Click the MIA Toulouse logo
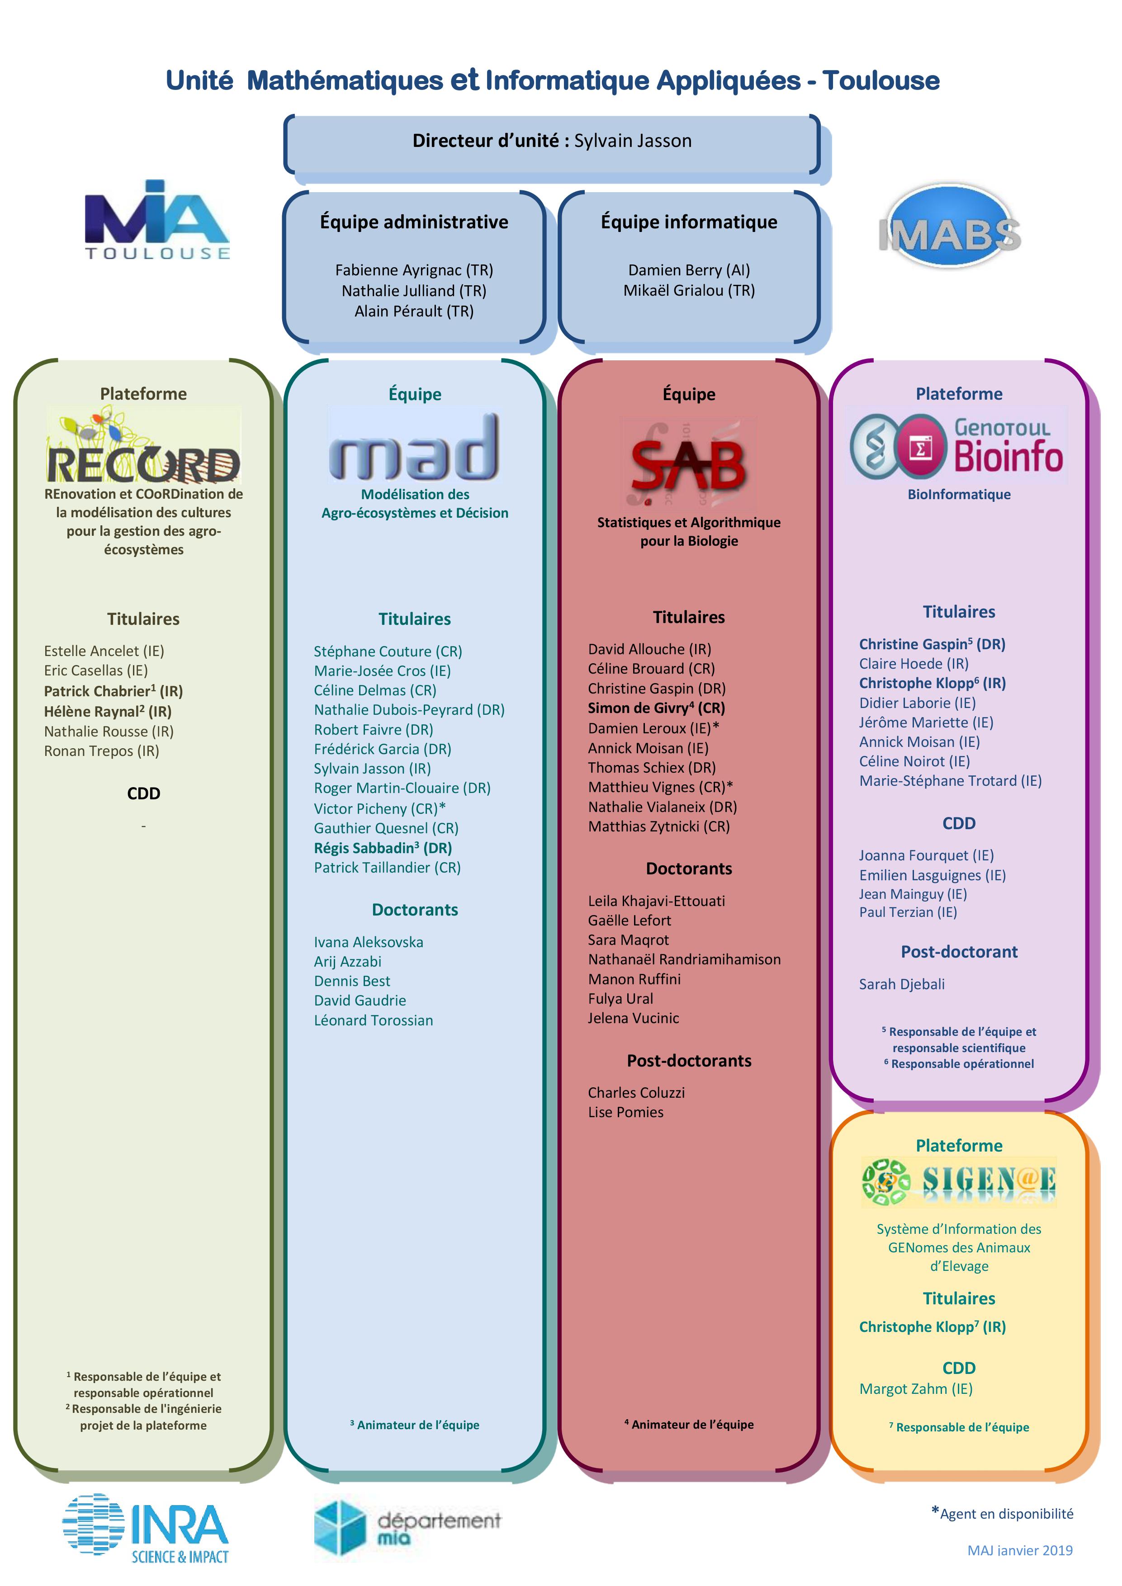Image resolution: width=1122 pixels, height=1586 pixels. pyautogui.click(x=157, y=220)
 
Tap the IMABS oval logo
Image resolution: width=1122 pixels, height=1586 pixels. pyautogui.click(x=950, y=226)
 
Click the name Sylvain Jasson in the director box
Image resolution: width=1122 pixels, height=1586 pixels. pyautogui.click(x=633, y=141)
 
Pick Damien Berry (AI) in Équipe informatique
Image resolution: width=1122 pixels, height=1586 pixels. pyautogui.click(x=689, y=270)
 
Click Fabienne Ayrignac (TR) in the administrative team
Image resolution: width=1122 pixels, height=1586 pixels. pyautogui.click(x=414, y=270)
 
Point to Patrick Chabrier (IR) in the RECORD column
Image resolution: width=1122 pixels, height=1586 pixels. pyautogui.click(x=114, y=691)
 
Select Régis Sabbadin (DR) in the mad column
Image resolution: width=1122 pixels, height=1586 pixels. pyautogui.click(x=383, y=848)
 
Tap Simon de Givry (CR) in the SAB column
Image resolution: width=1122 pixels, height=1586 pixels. pyautogui.click(x=656, y=708)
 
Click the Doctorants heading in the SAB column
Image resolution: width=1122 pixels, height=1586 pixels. pyautogui.click(x=689, y=869)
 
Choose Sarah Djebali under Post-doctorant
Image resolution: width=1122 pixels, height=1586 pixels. pyautogui.click(x=902, y=984)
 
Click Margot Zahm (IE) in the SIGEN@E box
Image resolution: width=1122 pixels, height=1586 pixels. pyautogui.click(x=915, y=1389)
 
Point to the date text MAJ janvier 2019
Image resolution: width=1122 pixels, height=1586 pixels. pyautogui.click(x=1020, y=1550)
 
